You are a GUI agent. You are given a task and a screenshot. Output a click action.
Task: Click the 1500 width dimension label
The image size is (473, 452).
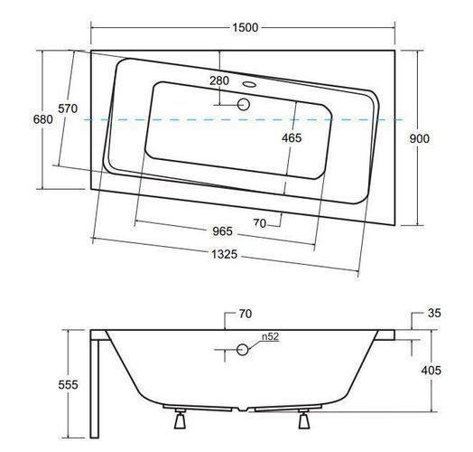[246, 27]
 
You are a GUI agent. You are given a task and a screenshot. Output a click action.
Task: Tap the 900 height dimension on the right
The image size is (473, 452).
[420, 138]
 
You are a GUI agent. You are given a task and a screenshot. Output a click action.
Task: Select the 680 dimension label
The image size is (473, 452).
[42, 119]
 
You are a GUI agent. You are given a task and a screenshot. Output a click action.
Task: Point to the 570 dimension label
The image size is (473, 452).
[68, 108]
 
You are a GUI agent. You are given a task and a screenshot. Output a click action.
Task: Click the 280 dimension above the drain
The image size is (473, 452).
[219, 80]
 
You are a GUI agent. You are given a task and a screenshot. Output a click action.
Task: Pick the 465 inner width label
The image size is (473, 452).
[292, 138]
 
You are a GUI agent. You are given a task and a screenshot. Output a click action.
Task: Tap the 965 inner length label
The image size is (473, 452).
[223, 231]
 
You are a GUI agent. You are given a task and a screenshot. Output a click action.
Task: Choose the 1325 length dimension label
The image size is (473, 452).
[224, 254]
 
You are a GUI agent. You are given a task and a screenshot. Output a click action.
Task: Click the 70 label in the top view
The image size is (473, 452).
[260, 223]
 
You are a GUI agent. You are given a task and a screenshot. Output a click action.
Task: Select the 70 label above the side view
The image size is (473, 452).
[246, 314]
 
